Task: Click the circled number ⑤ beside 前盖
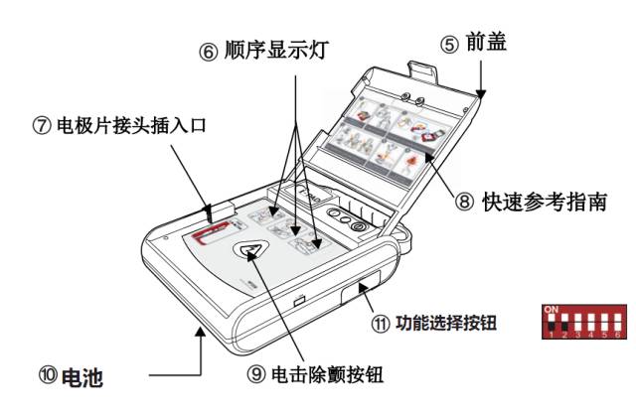click(x=449, y=43)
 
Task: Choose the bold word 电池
click(x=83, y=376)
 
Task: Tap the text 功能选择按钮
click(x=446, y=323)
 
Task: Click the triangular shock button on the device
click(x=249, y=250)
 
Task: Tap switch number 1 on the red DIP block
click(x=552, y=324)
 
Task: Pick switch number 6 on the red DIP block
click(x=618, y=324)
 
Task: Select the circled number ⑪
click(x=378, y=323)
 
